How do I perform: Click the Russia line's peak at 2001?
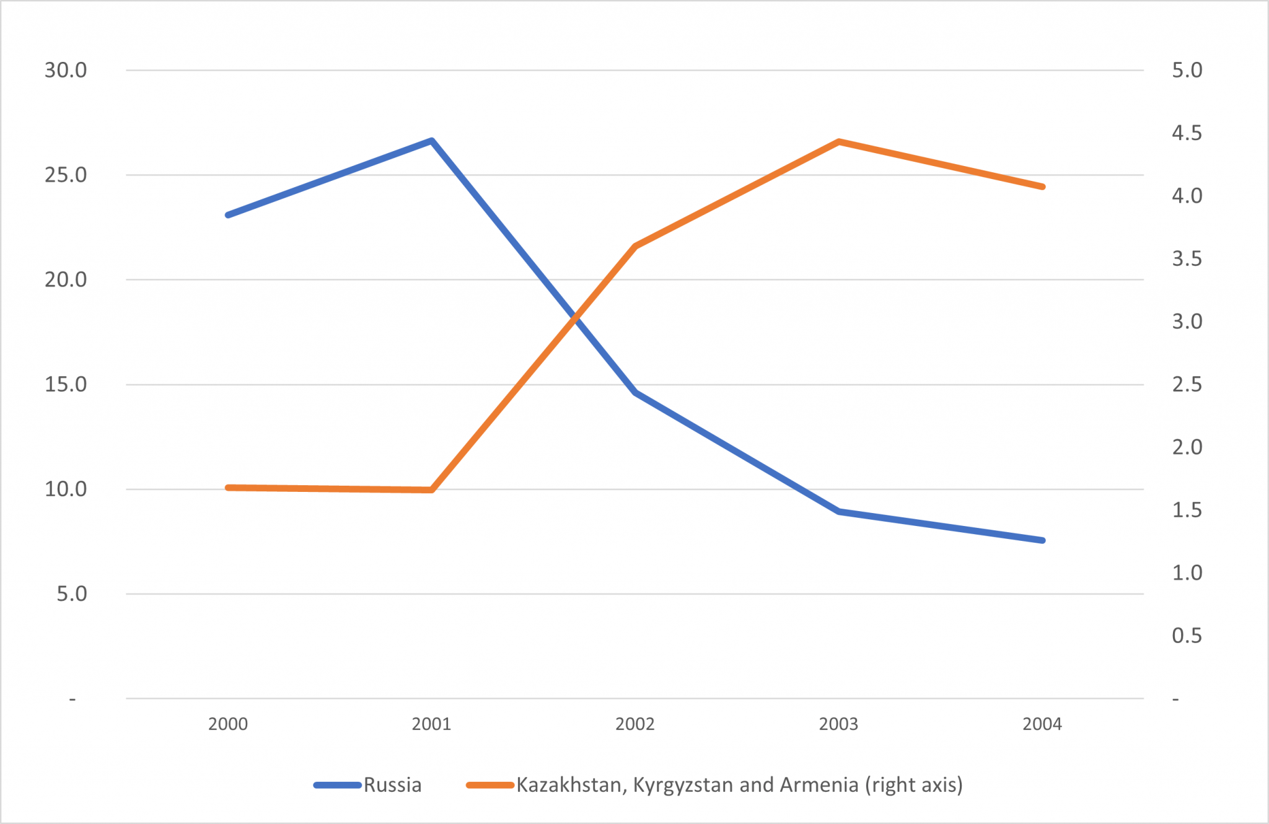click(432, 141)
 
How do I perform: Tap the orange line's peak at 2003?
click(838, 142)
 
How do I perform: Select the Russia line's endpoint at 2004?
click(1042, 540)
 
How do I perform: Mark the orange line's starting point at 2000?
click(228, 488)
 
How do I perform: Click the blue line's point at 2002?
click(635, 392)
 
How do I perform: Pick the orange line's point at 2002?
click(635, 247)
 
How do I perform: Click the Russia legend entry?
click(392, 785)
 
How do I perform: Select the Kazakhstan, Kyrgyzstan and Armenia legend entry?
click(739, 785)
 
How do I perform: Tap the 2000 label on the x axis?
click(228, 724)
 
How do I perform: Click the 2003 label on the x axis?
click(838, 724)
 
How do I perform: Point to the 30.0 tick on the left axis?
click(66, 70)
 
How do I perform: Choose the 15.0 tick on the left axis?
click(66, 384)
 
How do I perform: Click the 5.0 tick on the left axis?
click(72, 594)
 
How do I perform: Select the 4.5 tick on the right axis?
click(1187, 133)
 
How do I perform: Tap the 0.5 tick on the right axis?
click(1187, 635)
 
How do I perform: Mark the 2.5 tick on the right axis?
click(1187, 384)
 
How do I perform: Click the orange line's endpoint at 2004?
click(1042, 186)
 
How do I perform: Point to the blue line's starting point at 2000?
click(228, 215)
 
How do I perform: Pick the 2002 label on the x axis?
click(635, 724)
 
